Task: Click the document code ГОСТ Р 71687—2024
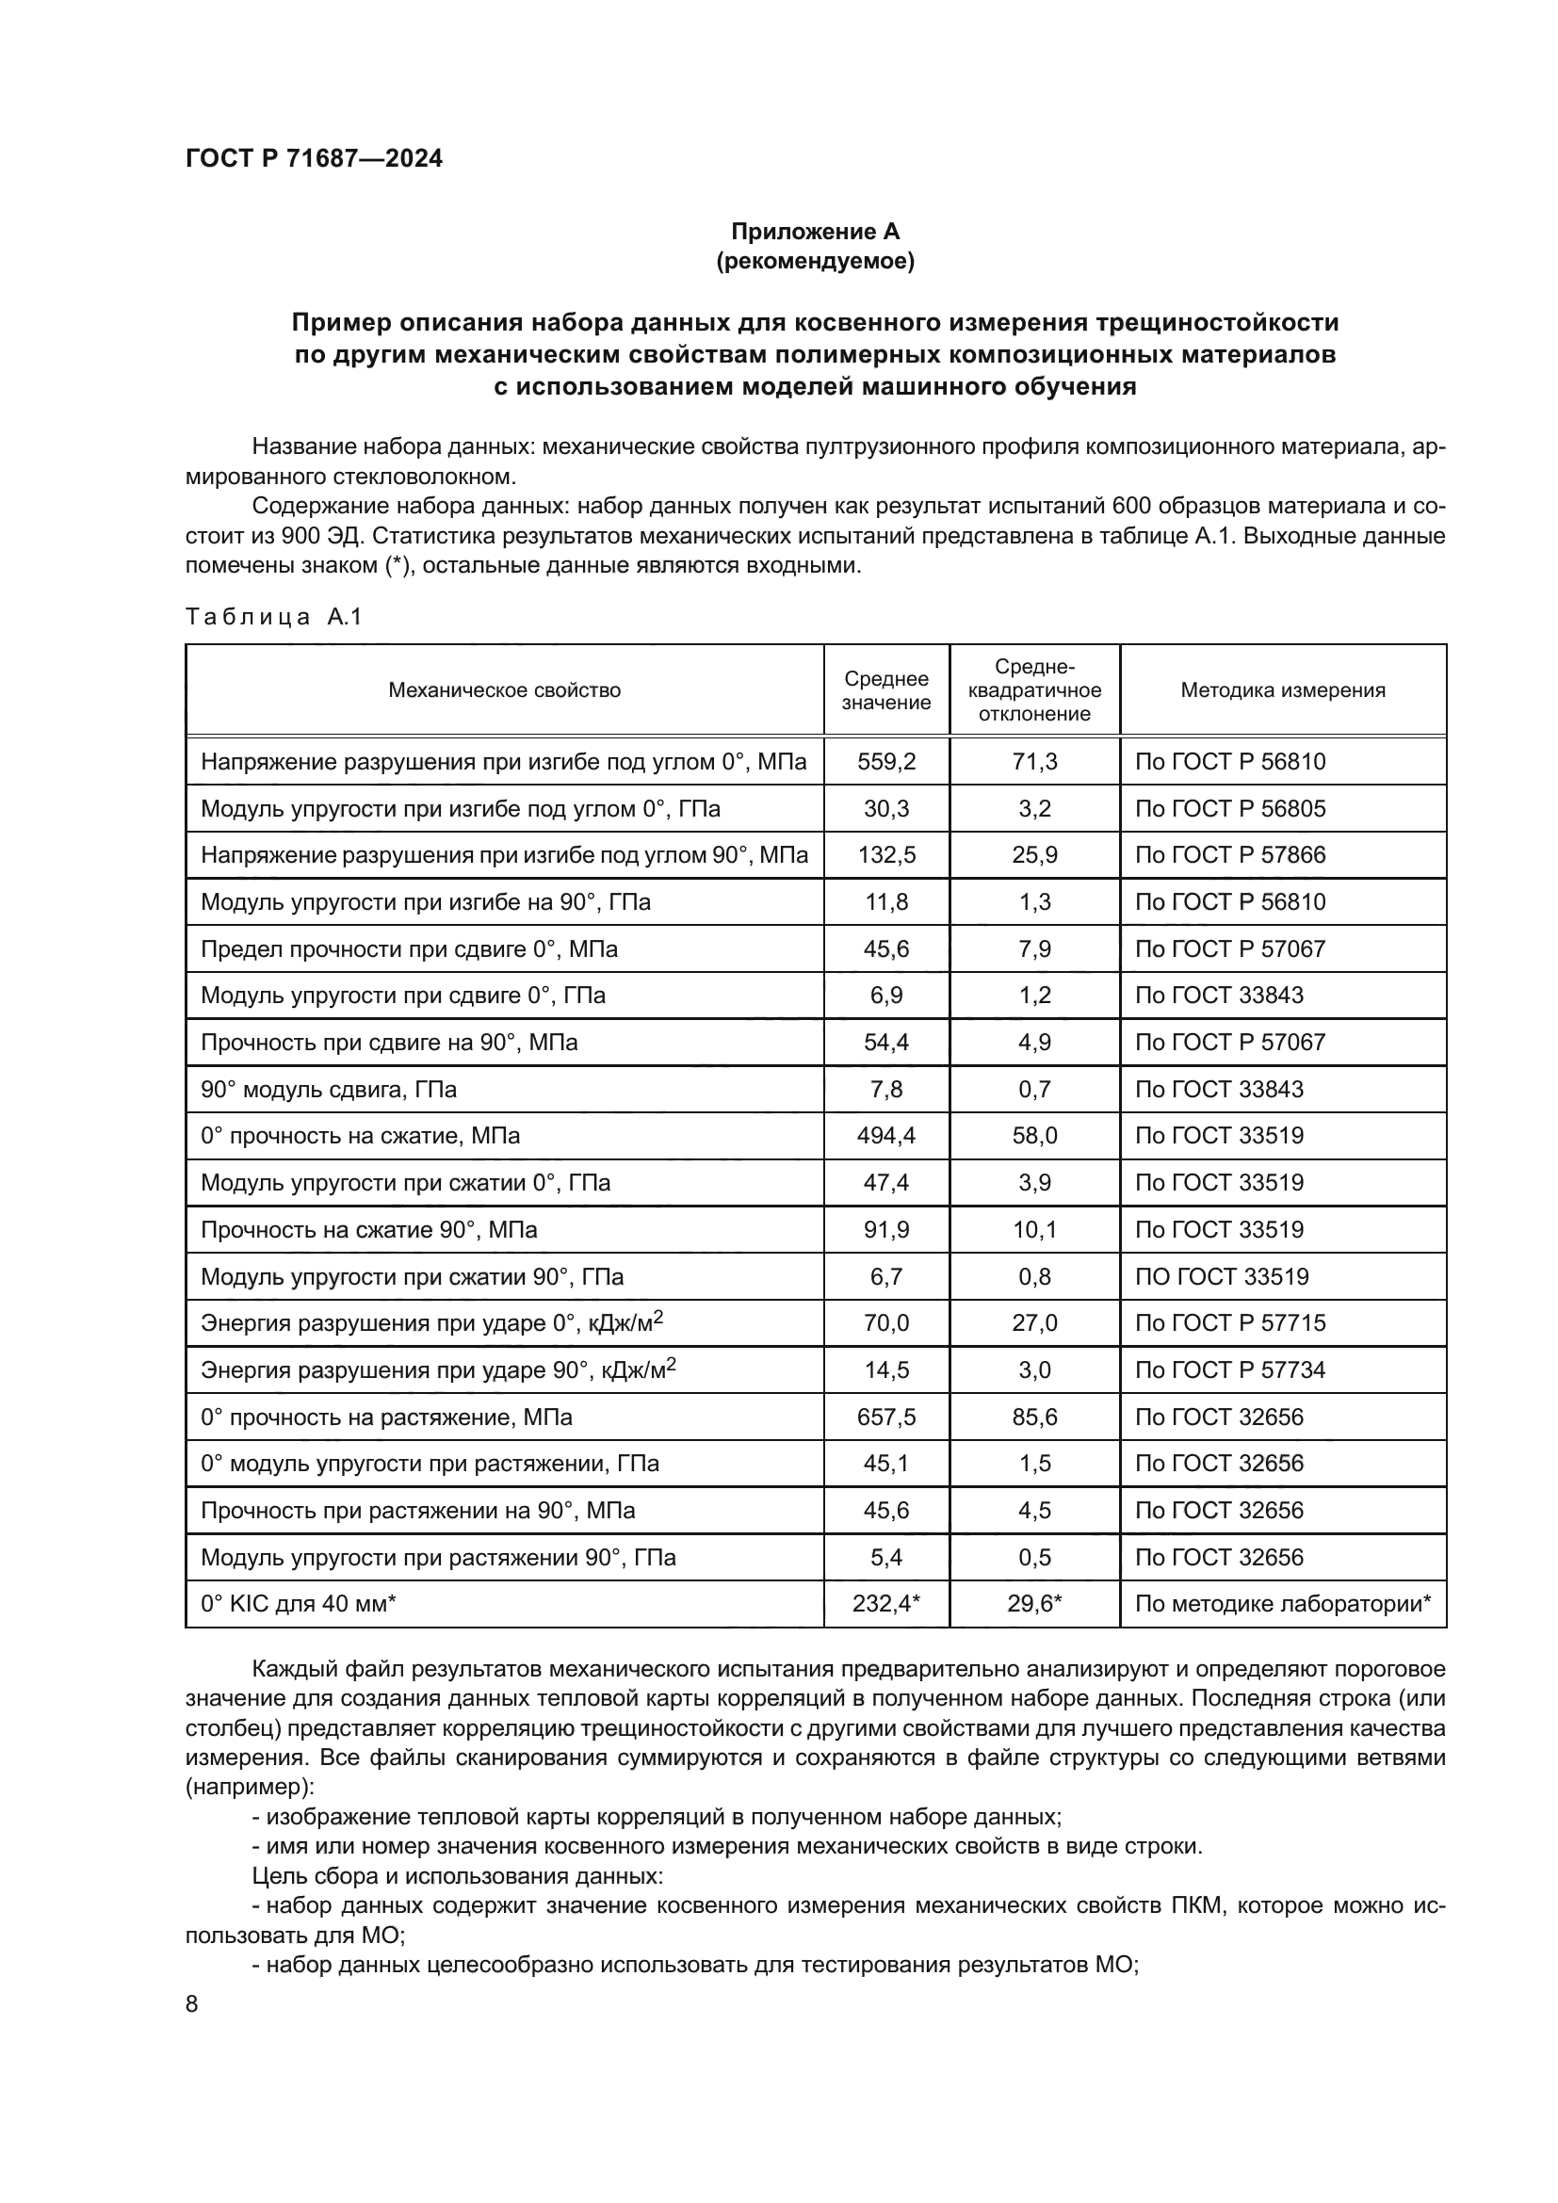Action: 314,159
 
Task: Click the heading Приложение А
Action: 815,232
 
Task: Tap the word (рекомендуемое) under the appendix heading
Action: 815,261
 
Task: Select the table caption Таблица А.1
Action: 273,617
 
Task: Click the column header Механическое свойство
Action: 504,689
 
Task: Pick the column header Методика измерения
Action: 1282,689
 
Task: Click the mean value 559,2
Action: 885,762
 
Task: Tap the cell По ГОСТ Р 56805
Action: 1229,809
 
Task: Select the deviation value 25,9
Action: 1034,855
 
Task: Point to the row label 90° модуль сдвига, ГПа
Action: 328,1090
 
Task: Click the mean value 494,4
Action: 885,1136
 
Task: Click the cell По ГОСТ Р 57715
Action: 1229,1323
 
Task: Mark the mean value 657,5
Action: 885,1417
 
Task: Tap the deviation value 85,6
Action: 1034,1417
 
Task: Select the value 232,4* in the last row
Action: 885,1604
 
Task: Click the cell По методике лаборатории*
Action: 1282,1604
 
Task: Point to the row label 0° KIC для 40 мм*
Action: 298,1604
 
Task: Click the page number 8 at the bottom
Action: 192,2004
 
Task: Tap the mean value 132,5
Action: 885,855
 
